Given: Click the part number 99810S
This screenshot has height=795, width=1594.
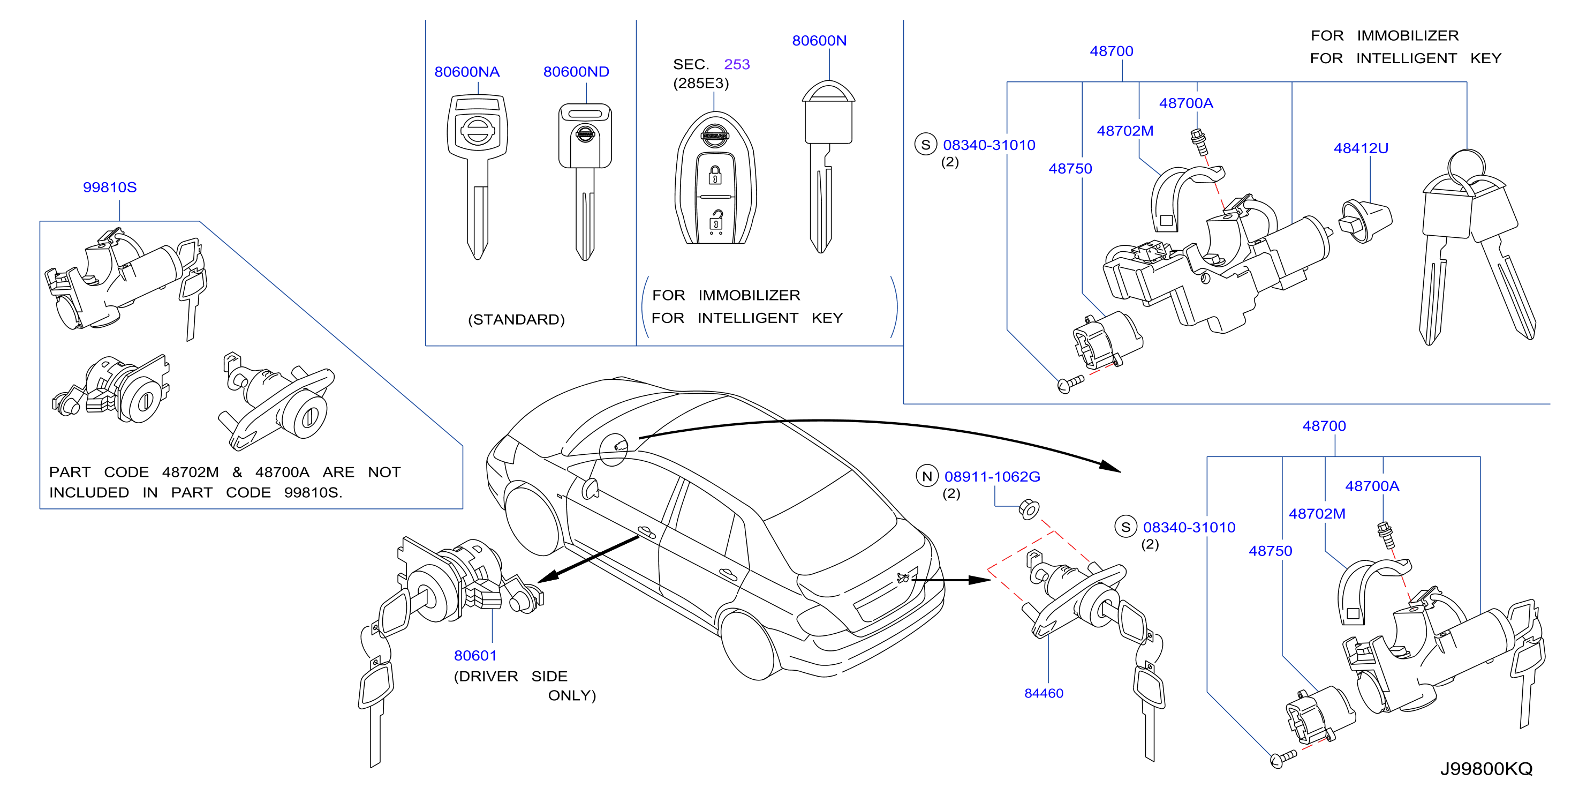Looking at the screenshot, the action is coord(110,187).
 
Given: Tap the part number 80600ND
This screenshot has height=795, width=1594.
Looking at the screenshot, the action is coord(576,72).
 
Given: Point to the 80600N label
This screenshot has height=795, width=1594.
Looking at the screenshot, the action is coord(819,41).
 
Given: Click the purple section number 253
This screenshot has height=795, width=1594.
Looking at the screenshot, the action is coord(736,64).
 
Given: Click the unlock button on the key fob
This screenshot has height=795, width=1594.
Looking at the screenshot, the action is coord(715,222).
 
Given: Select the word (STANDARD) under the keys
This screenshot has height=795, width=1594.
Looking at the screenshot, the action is coord(516,319).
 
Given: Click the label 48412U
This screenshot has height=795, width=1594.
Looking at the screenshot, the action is coord(1361,148).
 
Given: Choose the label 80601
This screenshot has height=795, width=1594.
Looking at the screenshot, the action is coord(475,655).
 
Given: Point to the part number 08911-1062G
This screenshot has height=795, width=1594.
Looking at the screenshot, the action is coord(992,477).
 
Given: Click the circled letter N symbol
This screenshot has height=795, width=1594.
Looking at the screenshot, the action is coord(927,476).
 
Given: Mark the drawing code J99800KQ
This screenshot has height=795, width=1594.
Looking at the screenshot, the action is coord(1486,769).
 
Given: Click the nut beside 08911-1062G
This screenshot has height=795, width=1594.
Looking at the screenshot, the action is coord(1029,509).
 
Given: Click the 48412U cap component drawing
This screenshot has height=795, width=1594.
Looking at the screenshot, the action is coord(1366,221).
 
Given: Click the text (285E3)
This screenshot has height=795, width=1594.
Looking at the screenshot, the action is coord(701,83).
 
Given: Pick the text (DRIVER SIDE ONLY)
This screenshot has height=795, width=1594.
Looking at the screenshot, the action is coord(525,685).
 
